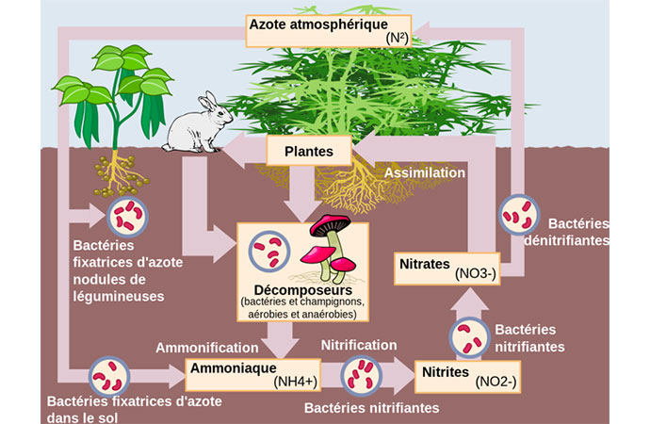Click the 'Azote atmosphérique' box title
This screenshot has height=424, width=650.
pos(318,23)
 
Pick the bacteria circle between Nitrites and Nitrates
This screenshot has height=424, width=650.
pos(470,337)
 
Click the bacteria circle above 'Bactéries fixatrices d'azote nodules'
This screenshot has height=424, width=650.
pos(125,218)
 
